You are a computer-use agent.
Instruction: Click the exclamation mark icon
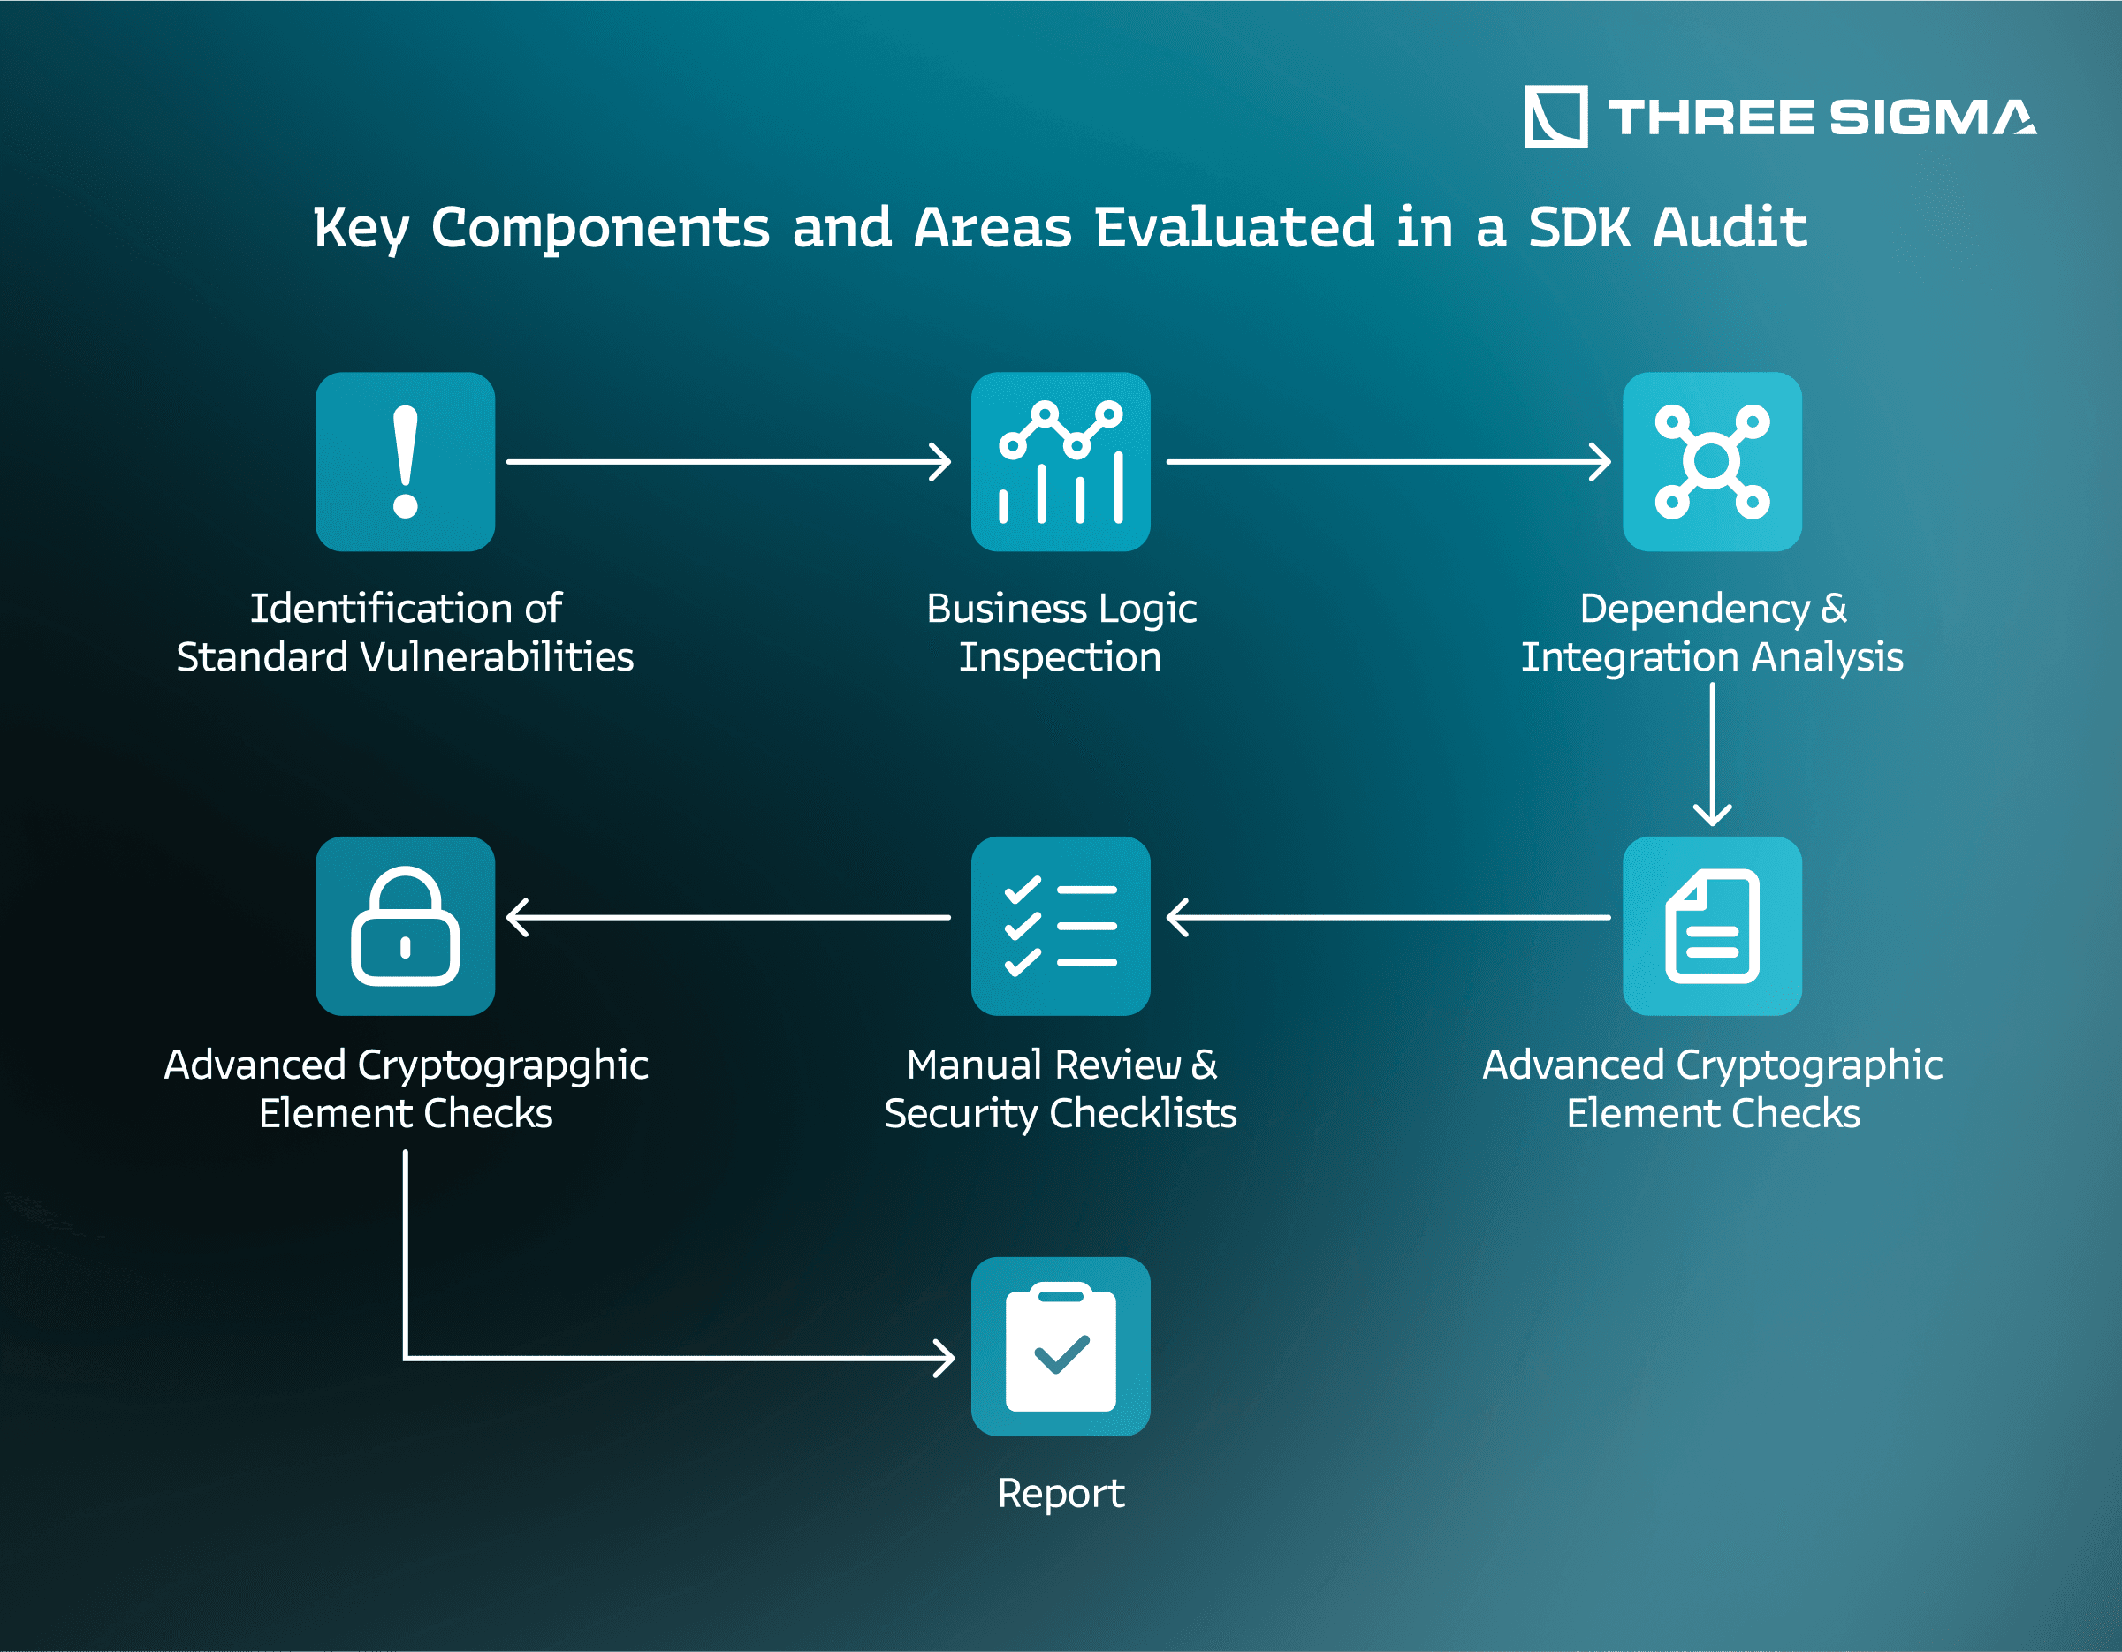pos(405,461)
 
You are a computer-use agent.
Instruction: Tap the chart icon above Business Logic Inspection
pos(1061,461)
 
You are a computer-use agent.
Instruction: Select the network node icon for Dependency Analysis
pos(1712,461)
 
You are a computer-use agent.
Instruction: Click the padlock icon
pos(405,926)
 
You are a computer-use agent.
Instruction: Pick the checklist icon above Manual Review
pos(1061,926)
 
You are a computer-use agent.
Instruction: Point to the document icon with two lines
pos(1712,926)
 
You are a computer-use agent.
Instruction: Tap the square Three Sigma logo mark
pos(1555,117)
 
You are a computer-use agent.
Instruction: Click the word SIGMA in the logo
pos(1933,117)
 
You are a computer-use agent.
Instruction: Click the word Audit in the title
pos(1730,227)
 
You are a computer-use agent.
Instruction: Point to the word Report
pos(1061,1494)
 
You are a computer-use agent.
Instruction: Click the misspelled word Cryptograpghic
pos(503,1066)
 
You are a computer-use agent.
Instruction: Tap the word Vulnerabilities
pos(497,657)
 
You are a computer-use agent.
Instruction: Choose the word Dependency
pos(1695,610)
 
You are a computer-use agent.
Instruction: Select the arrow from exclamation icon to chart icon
pos(729,461)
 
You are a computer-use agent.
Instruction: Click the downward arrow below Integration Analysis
pos(1712,754)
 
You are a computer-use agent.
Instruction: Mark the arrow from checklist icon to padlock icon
pos(729,917)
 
